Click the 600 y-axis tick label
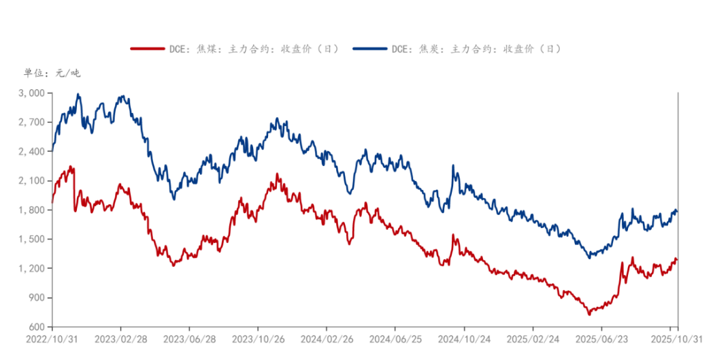[x=38, y=327]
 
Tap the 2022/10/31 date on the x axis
[x=52, y=338]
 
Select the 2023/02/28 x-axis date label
[x=120, y=338]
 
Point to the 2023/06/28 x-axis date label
[x=189, y=338]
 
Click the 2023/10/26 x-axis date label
[x=257, y=338]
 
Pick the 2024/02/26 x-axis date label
[x=326, y=338]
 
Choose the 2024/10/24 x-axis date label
[x=463, y=338]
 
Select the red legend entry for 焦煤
[x=235, y=49]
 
